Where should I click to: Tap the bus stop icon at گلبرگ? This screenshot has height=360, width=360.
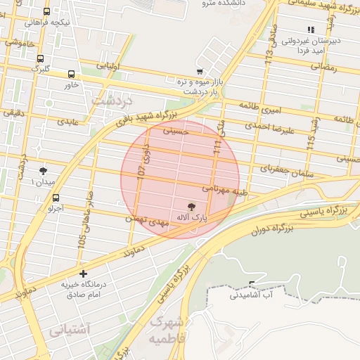tap(40, 59)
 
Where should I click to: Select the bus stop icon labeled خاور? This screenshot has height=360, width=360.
tap(72, 74)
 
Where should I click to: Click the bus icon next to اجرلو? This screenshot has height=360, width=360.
tap(56, 198)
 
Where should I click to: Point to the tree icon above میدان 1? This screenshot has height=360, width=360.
tap(44, 171)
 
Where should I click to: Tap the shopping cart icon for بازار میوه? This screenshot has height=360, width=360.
tap(200, 71)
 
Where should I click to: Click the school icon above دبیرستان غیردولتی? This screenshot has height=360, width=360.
tap(310, 30)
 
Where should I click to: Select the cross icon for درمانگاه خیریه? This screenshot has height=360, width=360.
tap(84, 273)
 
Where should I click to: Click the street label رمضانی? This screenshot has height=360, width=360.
tap(323, 68)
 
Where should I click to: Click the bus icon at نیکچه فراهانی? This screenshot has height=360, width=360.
tap(46, 11)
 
